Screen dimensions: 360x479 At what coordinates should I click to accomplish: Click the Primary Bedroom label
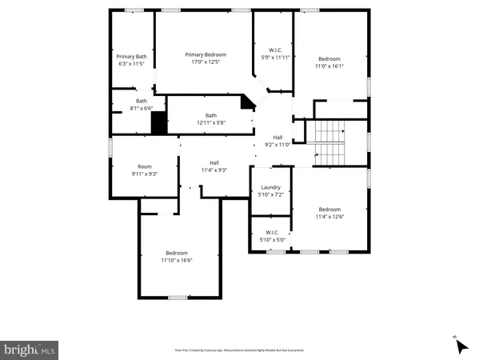(x=202, y=54)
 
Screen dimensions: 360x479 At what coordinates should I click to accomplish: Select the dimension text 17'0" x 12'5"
(x=202, y=62)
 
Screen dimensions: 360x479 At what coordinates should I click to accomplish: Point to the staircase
(x=330, y=142)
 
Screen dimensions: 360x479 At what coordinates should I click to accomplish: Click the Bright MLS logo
(x=30, y=350)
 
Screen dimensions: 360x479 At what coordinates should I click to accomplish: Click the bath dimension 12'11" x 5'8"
(x=211, y=122)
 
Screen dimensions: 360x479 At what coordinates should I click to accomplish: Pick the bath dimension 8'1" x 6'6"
(x=142, y=108)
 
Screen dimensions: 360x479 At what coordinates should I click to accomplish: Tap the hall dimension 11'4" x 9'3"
(x=214, y=170)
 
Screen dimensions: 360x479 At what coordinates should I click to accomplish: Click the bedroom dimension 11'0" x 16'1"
(x=329, y=66)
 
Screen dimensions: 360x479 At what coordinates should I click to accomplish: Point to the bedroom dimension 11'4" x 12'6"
(x=329, y=216)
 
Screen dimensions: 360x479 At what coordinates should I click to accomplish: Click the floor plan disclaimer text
(x=239, y=350)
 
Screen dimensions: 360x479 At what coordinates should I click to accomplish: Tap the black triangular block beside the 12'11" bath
(x=249, y=102)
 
